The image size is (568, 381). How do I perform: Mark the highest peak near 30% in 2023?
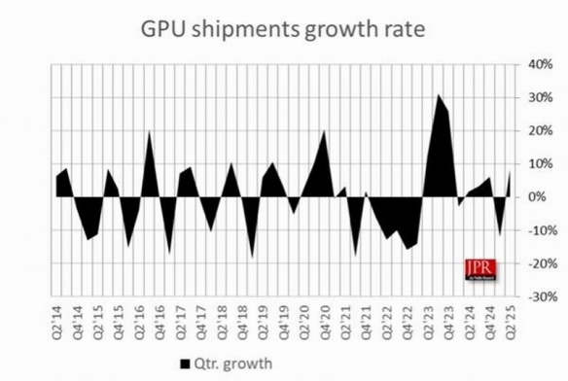click(x=439, y=95)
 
